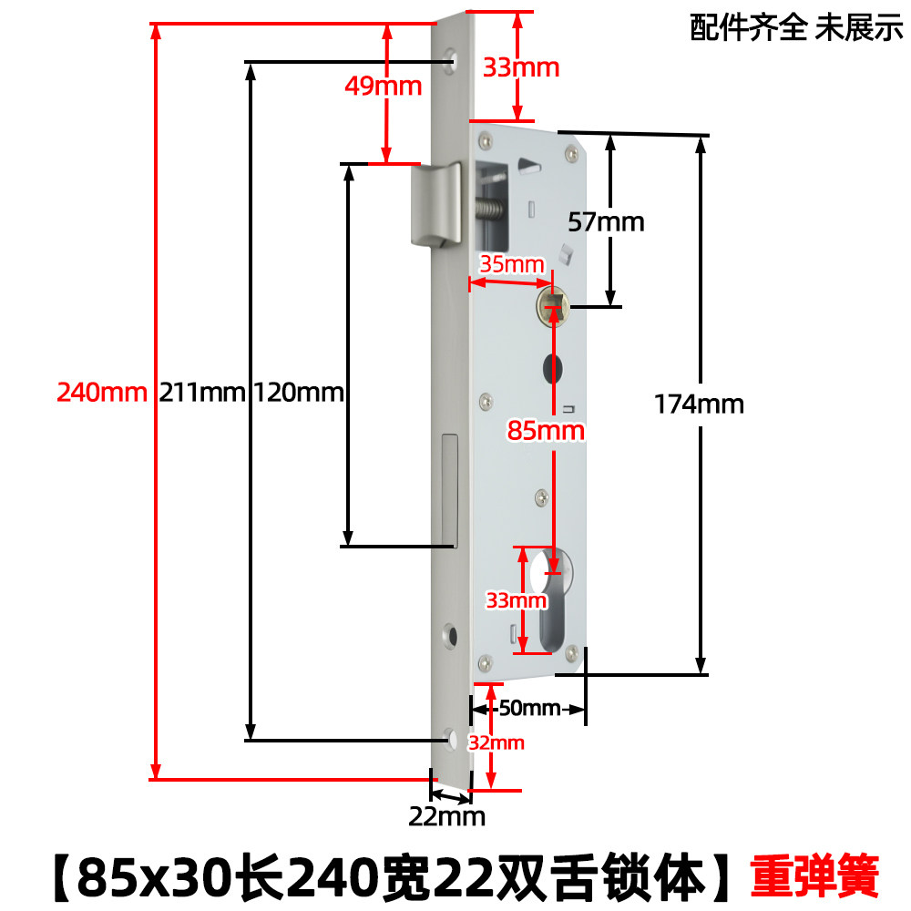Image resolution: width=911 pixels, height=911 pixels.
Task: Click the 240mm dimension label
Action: [x=101, y=393]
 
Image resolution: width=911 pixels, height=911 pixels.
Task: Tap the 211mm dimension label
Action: [x=202, y=393]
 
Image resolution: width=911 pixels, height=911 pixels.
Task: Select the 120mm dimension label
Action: [x=298, y=393]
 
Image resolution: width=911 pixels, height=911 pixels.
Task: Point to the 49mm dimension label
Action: [x=383, y=87]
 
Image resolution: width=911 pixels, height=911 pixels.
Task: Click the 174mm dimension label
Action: [x=699, y=404]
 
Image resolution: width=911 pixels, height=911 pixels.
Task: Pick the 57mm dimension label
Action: [x=605, y=220]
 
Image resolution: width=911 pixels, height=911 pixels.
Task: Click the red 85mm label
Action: [x=547, y=430]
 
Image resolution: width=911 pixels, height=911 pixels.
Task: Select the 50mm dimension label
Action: [x=529, y=708]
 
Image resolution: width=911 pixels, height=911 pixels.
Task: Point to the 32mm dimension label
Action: [x=496, y=742]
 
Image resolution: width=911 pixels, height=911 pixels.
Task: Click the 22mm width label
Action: [x=446, y=815]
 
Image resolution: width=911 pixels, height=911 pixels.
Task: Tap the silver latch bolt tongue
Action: [x=435, y=205]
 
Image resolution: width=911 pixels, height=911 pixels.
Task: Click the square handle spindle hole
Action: [x=552, y=304]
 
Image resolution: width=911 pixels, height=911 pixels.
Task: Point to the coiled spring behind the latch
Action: [x=492, y=211]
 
